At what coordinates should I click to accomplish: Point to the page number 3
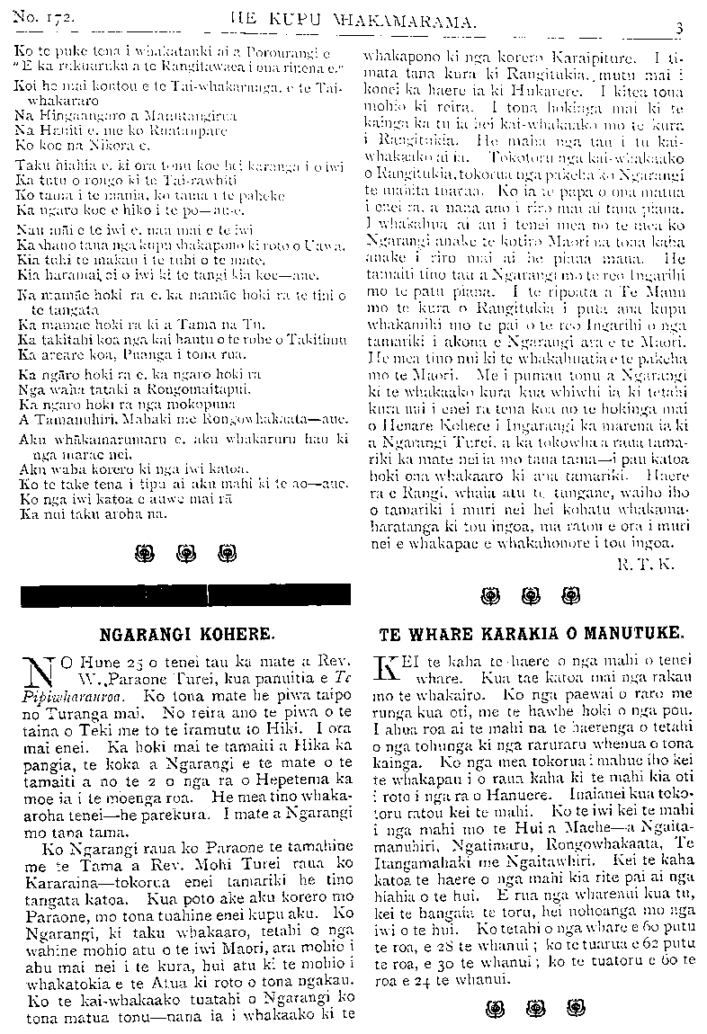[x=680, y=27]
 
